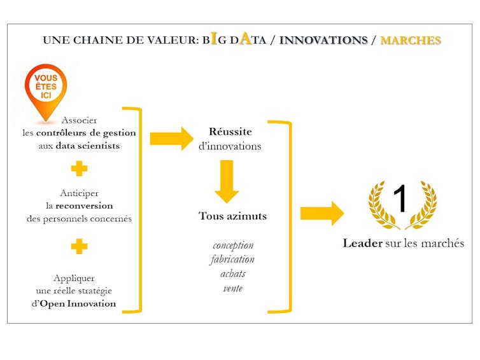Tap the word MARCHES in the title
(x=411, y=40)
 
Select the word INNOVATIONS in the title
(x=323, y=40)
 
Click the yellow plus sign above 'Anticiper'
(x=80, y=169)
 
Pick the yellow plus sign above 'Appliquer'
(x=80, y=246)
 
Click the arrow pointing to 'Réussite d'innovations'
(x=172, y=139)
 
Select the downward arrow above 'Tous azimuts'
(x=227, y=181)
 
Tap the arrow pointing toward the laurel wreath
(x=322, y=213)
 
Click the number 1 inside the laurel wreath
(x=400, y=198)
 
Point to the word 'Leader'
(x=362, y=243)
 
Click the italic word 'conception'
(x=233, y=246)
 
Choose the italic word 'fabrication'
(x=232, y=260)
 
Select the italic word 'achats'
(x=232, y=273)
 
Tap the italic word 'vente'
(x=232, y=288)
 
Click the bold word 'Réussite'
(x=230, y=132)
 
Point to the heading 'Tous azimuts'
(x=232, y=216)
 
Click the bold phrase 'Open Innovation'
(x=78, y=303)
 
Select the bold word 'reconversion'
(x=84, y=205)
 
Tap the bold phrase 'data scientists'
(x=88, y=146)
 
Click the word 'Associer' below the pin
(x=79, y=120)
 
